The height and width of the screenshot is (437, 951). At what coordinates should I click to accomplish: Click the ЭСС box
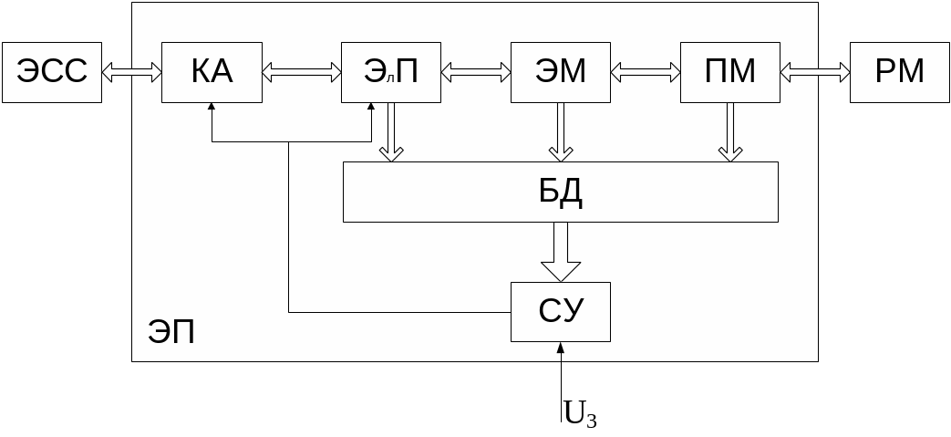click(x=51, y=72)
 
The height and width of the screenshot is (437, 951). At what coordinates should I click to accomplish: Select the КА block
click(x=212, y=72)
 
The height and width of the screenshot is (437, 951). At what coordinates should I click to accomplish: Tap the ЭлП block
click(x=390, y=72)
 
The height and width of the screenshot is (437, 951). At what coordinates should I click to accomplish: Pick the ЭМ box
click(x=560, y=72)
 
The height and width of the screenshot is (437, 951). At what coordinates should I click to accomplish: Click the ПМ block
click(x=730, y=72)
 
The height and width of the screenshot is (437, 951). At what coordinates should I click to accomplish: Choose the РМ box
click(x=899, y=72)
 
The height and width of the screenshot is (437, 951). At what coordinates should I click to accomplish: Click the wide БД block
click(x=560, y=192)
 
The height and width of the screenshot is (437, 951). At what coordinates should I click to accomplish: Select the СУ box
click(x=560, y=312)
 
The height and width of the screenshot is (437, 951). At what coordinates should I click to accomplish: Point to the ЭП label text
click(x=171, y=332)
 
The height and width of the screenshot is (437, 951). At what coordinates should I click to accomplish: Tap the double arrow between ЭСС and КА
click(x=131, y=73)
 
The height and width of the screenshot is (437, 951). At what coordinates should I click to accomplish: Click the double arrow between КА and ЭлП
click(x=301, y=73)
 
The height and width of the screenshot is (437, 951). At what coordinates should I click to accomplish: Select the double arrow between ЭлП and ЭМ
click(x=475, y=73)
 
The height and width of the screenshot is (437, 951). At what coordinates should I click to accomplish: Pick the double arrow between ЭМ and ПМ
click(x=646, y=73)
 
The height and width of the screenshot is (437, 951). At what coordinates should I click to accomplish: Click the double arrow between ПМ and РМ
click(x=815, y=73)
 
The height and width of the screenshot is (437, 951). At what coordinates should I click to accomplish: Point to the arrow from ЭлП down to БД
click(x=390, y=132)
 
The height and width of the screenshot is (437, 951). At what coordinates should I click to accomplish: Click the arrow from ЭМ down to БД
click(x=560, y=132)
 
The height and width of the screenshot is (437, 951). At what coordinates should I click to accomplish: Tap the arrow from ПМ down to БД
click(x=730, y=132)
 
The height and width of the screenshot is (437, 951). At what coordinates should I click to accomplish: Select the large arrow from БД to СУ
click(x=560, y=252)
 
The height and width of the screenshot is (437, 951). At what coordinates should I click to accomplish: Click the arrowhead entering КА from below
click(x=212, y=108)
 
